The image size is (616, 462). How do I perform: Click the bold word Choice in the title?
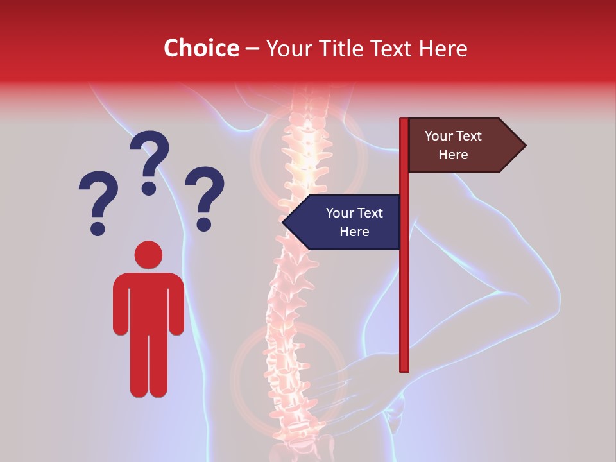point(201,48)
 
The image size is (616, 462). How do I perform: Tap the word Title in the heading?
point(342,48)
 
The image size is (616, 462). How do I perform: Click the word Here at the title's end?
point(443,48)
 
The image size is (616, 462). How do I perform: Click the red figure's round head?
point(148,255)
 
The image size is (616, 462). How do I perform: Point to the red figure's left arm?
point(120,305)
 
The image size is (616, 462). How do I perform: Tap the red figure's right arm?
point(176,305)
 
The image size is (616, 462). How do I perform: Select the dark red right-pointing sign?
point(462,146)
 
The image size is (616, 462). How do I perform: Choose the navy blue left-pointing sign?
point(346,222)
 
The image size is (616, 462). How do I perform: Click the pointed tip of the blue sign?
point(284,222)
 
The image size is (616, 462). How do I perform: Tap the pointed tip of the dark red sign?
point(524,146)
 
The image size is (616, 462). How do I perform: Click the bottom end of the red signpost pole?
point(404,368)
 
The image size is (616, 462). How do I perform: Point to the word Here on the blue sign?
point(354,232)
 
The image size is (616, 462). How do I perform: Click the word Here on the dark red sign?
point(453,155)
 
